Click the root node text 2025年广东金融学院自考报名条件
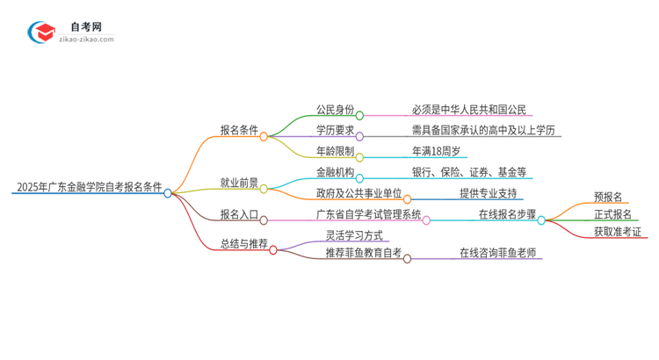pyautogui.click(x=88, y=187)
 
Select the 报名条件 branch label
pyautogui.click(x=239, y=131)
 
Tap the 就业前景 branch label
pyautogui.click(x=239, y=184)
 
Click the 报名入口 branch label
pyautogui.click(x=239, y=214)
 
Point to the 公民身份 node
pyautogui.click(x=335, y=110)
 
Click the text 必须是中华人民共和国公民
pyautogui.click(x=468, y=110)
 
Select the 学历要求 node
pyautogui.click(x=335, y=131)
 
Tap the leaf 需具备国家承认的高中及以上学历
pyautogui.click(x=483, y=131)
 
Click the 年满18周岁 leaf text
pyautogui.click(x=437, y=151)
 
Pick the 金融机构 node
pyautogui.click(x=335, y=172)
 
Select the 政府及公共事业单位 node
pyautogui.click(x=358, y=193)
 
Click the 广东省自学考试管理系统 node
pyautogui.click(x=368, y=214)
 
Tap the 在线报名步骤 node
pyautogui.click(x=507, y=214)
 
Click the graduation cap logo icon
pyautogui.click(x=42, y=32)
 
